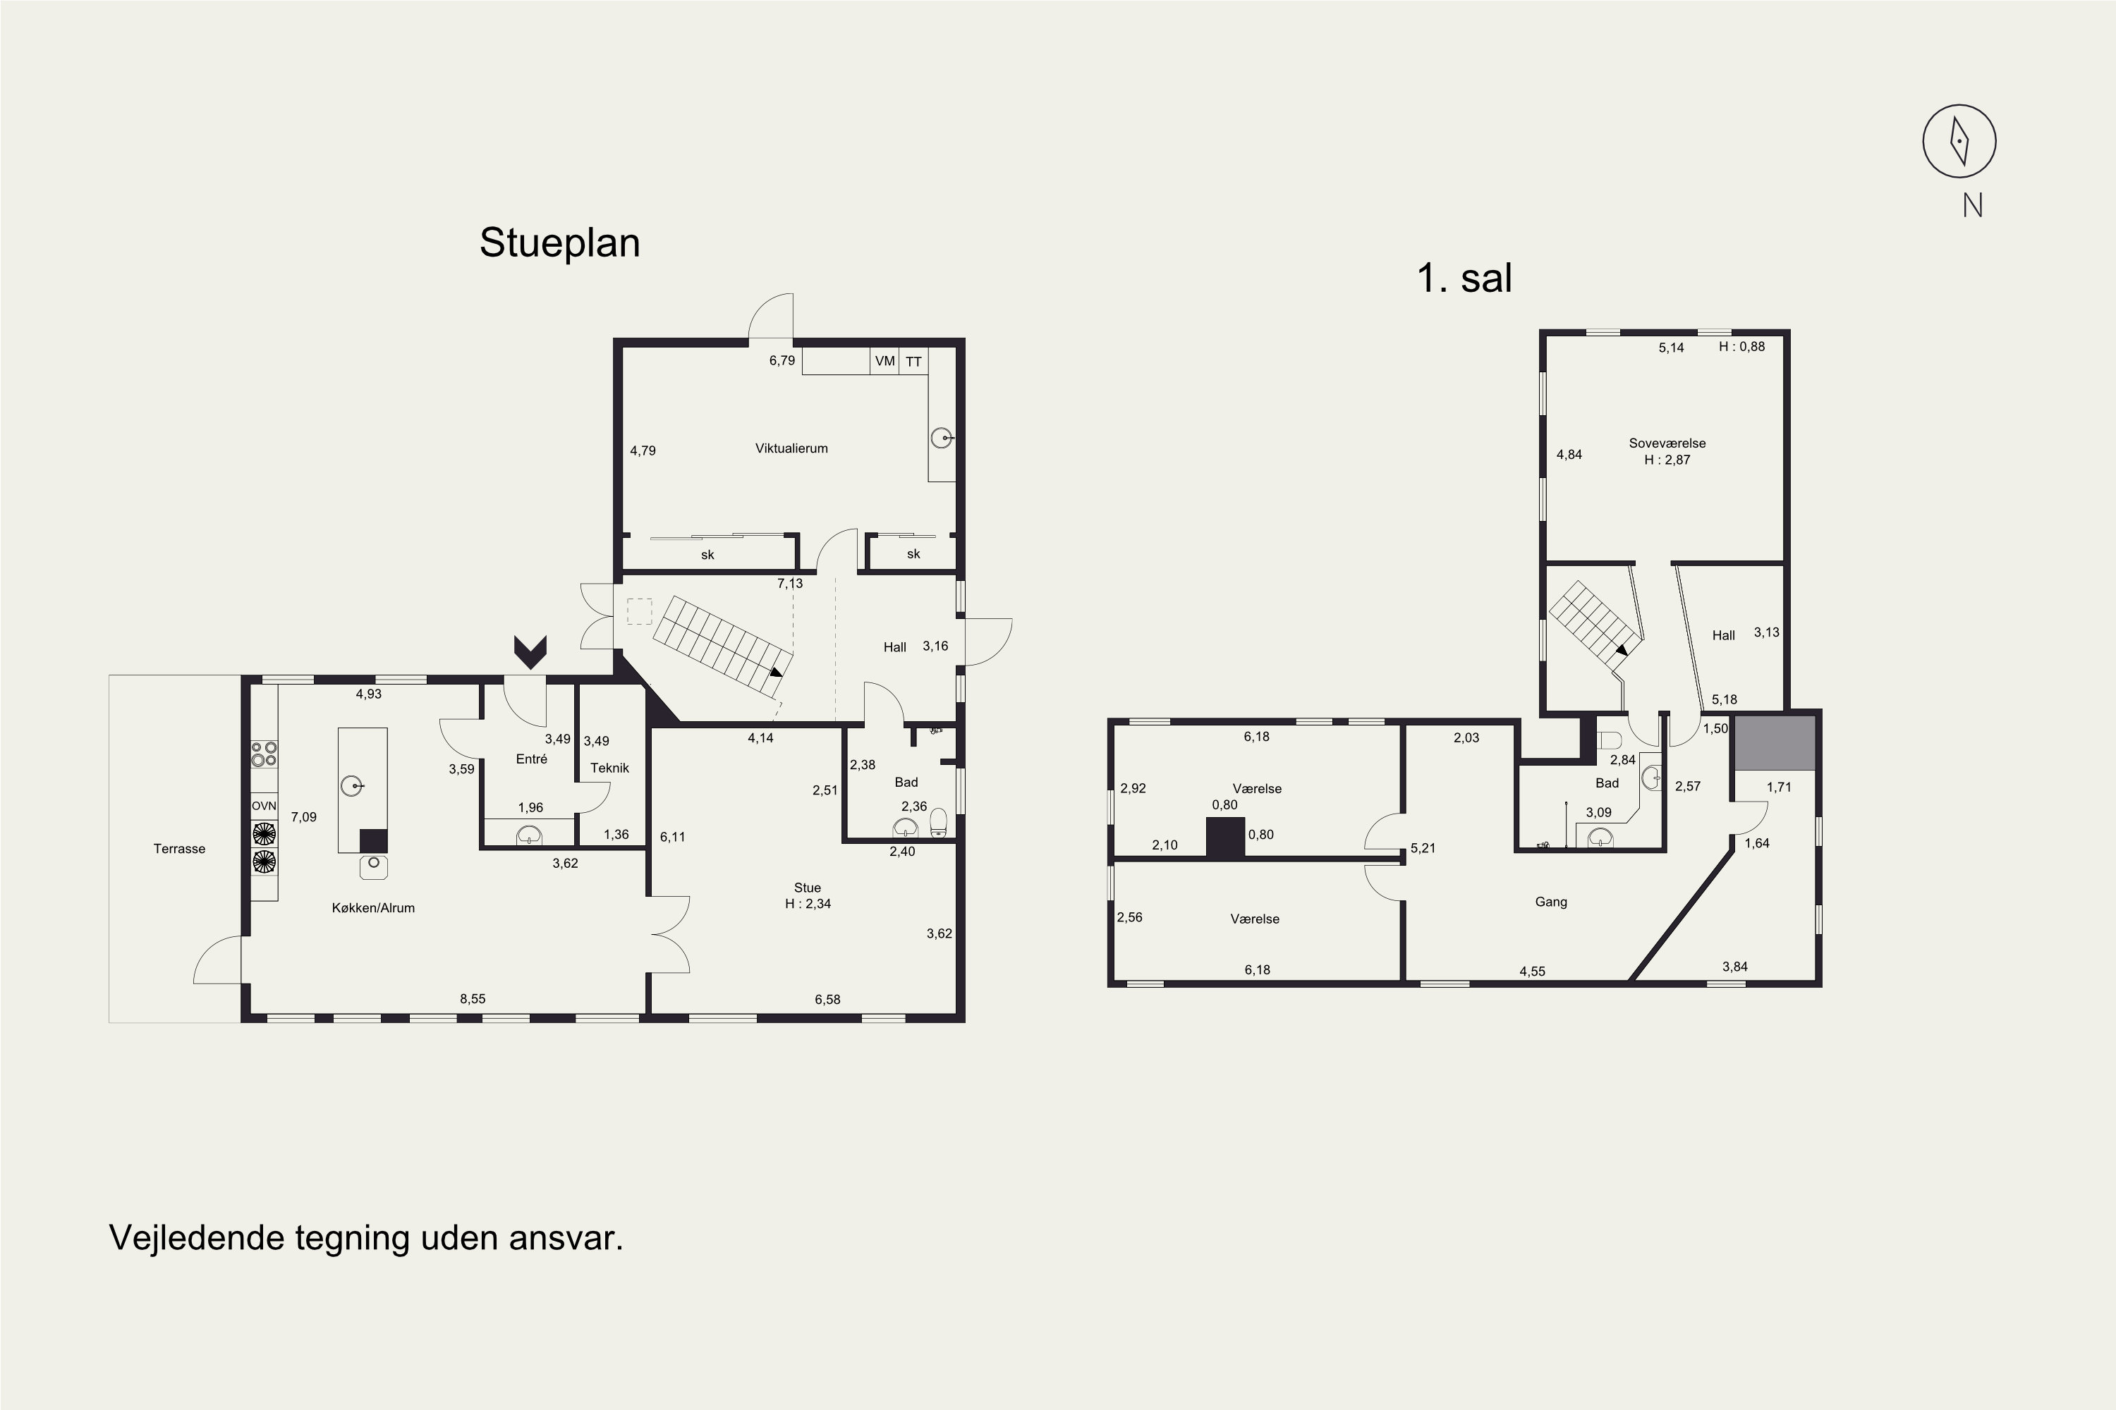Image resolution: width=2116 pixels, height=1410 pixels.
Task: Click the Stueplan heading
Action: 559,243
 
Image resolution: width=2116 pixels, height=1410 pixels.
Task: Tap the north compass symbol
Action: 1959,141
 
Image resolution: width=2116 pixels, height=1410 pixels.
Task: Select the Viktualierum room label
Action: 791,448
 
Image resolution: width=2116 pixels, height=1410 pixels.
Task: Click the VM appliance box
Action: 885,360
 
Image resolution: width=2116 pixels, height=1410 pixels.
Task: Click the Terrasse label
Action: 179,849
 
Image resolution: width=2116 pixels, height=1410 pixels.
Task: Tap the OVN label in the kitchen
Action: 264,806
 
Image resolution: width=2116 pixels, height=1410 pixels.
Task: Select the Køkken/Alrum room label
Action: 373,908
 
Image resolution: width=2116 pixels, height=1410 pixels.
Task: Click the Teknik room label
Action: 610,768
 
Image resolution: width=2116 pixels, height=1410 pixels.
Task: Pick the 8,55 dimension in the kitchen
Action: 473,999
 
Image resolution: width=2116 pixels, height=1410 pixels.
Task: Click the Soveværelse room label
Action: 1667,443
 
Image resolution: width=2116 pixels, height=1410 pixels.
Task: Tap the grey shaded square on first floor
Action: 1774,743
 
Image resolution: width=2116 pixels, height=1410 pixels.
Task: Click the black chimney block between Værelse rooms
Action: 1225,838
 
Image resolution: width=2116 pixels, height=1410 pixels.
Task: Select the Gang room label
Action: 1551,902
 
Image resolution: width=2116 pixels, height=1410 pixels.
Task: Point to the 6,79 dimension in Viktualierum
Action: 782,360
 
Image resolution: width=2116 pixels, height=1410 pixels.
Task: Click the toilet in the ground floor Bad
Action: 938,822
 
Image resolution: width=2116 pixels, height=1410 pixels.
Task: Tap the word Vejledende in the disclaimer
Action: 196,1238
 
